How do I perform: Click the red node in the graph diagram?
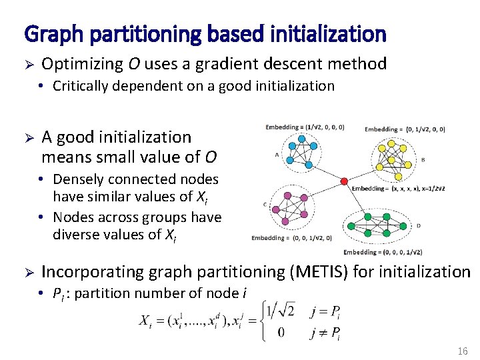click(344, 181)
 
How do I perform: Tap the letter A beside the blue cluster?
click(276, 155)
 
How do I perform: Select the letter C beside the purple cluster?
click(265, 204)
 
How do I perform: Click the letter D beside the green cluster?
click(418, 225)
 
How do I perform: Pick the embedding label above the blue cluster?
click(305, 127)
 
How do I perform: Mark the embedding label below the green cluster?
click(383, 252)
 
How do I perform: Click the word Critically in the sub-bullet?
click(83, 86)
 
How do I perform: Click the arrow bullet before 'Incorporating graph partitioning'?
click(28, 273)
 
